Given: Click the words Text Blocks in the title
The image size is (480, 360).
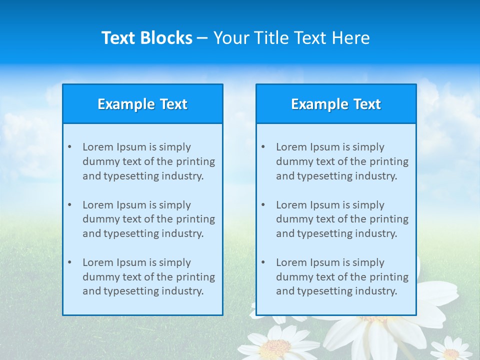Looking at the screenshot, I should (x=146, y=38).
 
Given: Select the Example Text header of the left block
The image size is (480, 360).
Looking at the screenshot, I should (x=142, y=104).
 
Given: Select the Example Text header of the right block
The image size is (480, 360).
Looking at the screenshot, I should (x=336, y=104).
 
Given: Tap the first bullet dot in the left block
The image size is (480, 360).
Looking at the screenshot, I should (x=69, y=147).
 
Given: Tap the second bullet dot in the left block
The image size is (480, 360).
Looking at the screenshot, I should (x=69, y=205).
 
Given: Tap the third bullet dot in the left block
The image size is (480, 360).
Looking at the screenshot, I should (x=69, y=262).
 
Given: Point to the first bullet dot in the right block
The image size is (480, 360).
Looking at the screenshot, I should (x=263, y=147).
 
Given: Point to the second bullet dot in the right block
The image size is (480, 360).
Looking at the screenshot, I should (x=263, y=205).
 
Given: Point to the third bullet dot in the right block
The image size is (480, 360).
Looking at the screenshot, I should (x=263, y=262).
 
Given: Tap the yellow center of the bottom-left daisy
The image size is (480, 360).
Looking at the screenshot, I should (x=275, y=346).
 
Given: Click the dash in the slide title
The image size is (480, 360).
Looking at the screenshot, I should (x=203, y=38).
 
